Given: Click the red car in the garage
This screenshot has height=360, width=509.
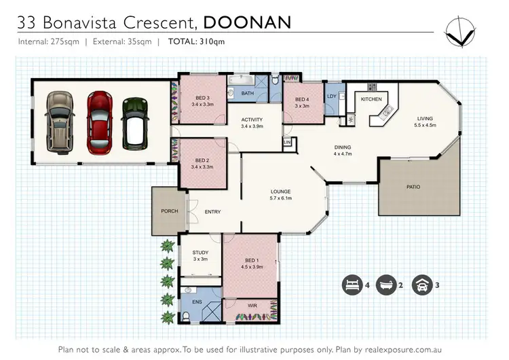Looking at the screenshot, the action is tap(100, 123).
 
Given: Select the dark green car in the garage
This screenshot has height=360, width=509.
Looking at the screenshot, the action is tap(135, 124).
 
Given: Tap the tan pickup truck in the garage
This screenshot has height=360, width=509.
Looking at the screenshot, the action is tap(60, 122).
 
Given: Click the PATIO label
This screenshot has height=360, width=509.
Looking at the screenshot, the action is tap(413, 187).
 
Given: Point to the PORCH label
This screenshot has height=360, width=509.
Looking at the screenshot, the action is tap(170, 211).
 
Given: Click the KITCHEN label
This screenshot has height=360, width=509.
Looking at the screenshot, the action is tap(371, 99).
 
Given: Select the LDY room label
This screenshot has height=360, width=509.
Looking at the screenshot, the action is tap(332, 96).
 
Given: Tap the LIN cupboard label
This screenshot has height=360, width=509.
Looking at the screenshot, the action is tap(287, 143).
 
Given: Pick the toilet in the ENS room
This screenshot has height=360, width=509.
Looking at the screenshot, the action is tap(186, 316).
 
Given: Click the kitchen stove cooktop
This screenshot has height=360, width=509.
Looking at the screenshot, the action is tap(372, 87).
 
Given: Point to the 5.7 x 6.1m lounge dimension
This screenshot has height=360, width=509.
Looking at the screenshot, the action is tap(281, 198).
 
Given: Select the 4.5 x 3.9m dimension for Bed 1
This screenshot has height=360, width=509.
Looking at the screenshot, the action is tap(252, 267).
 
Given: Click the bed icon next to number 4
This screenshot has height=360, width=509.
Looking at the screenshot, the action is tap(352, 285).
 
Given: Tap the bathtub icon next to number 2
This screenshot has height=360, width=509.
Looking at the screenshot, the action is tap(386, 285).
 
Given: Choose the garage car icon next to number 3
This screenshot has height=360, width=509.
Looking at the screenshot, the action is tap(422, 285).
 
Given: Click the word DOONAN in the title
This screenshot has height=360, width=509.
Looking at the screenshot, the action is tap(247, 22).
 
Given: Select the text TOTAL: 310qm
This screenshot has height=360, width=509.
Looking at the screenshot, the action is tap(196, 41).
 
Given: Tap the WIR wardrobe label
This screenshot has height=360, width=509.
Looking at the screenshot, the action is tap(252, 306).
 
